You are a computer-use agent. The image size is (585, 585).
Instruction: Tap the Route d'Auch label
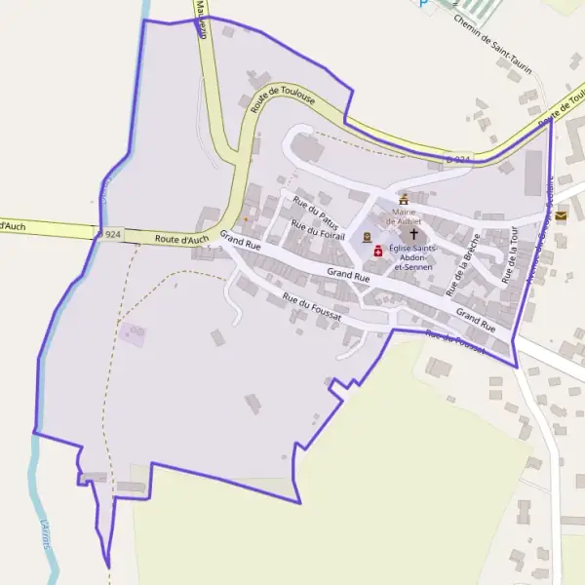coord(181,239)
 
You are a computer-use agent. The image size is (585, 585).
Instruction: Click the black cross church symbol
coord(412,234)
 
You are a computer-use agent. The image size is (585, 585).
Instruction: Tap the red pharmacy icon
coord(378,250)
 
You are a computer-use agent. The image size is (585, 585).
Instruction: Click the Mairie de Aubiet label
coord(403,215)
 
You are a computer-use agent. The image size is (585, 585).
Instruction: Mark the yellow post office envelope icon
coord(561,216)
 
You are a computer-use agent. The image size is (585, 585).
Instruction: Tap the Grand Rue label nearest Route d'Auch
coord(240,241)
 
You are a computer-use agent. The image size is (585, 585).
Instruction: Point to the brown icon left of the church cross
coord(367,236)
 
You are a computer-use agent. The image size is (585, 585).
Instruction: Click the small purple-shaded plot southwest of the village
coord(133,334)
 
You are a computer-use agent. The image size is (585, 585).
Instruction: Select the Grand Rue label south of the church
coord(348,277)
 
